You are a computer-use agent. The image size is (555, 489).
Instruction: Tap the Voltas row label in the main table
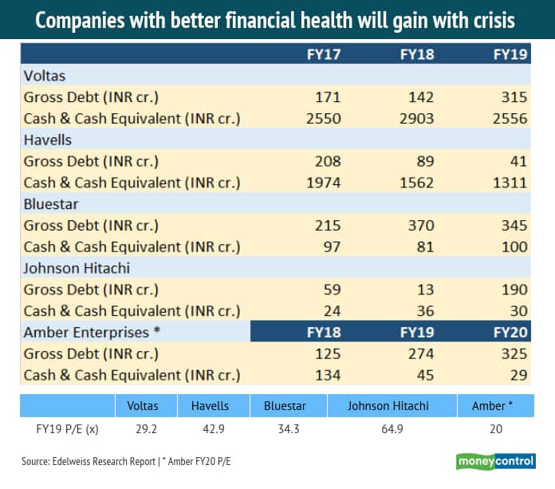[x=45, y=76]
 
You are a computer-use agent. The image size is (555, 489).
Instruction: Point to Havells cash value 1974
[x=324, y=183]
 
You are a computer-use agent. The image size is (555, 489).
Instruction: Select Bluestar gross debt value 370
[x=420, y=225]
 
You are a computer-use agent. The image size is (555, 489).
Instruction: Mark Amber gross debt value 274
[x=420, y=353]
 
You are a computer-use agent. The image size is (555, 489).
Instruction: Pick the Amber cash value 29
[x=518, y=374]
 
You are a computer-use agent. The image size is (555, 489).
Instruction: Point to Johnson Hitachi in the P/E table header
[x=388, y=405]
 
